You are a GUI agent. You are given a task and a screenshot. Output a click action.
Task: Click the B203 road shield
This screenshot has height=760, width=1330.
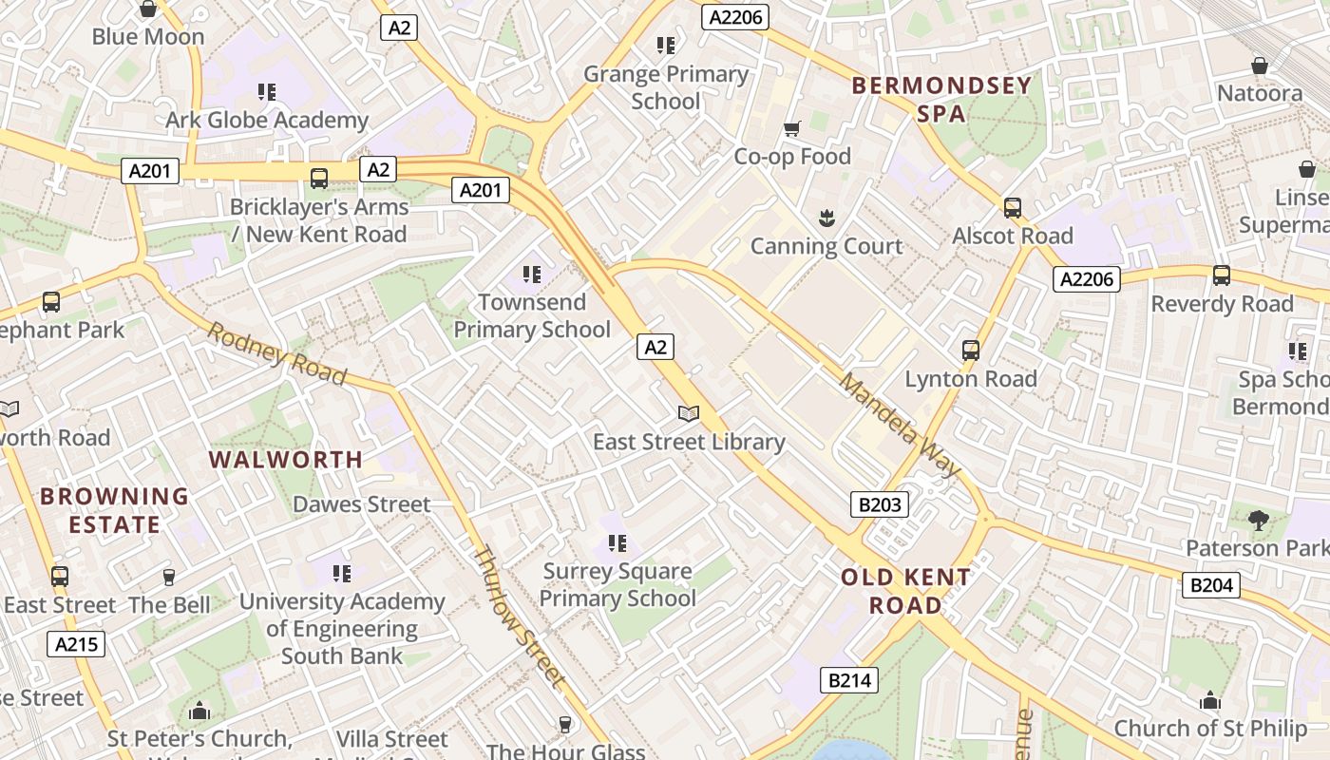pyautogui.click(x=879, y=504)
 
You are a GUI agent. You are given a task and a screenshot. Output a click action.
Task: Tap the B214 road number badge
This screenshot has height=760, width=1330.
pyautogui.click(x=848, y=680)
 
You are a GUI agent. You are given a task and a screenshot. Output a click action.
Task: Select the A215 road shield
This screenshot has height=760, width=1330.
pyautogui.click(x=76, y=644)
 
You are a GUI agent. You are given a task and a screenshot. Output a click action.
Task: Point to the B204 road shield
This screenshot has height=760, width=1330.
pyautogui.click(x=1211, y=585)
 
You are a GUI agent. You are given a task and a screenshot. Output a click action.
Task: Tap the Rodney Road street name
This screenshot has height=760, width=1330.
pyautogui.click(x=276, y=353)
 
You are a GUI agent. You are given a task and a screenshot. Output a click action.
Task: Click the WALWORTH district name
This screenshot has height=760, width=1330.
pyautogui.click(x=286, y=460)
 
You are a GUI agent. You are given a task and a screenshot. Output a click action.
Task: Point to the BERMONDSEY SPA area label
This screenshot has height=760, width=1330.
pyautogui.click(x=941, y=99)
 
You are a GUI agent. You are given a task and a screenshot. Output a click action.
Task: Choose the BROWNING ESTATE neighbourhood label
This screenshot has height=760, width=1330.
pyautogui.click(x=114, y=510)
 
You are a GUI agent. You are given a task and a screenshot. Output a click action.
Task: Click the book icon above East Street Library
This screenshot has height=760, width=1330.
pyautogui.click(x=689, y=414)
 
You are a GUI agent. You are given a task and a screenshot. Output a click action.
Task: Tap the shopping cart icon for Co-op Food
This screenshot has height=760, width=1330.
pyautogui.click(x=791, y=128)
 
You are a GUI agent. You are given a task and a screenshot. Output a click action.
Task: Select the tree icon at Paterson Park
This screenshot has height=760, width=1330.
pyautogui.click(x=1259, y=520)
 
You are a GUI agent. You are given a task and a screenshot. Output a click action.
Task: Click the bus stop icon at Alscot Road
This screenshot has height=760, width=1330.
pyautogui.click(x=1013, y=207)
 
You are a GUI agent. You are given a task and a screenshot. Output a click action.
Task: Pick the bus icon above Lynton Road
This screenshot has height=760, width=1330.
pyautogui.click(x=970, y=350)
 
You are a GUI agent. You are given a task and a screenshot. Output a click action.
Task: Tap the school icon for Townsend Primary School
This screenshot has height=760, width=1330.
pyautogui.click(x=532, y=275)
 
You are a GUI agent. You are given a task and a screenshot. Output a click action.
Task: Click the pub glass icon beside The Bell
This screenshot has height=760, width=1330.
pyautogui.click(x=169, y=577)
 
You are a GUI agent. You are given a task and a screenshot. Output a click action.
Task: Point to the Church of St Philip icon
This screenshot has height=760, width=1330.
pyautogui.click(x=1209, y=700)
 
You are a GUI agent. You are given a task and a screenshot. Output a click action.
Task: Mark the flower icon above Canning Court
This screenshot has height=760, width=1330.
pyautogui.click(x=826, y=218)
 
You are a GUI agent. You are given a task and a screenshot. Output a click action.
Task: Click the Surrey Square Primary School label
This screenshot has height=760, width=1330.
pyautogui.click(x=618, y=584)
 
